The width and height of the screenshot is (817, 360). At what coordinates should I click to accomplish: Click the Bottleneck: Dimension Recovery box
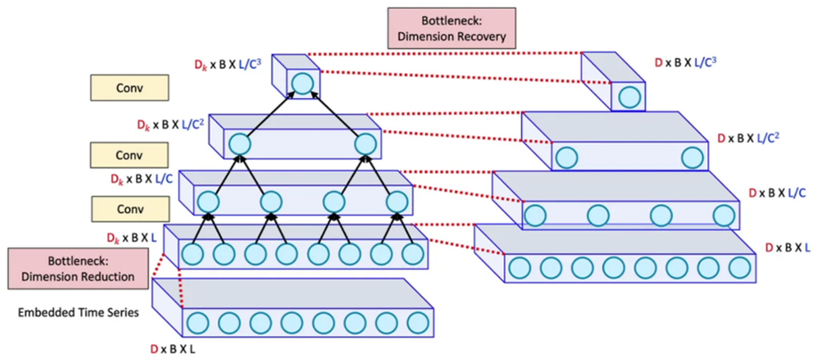452,28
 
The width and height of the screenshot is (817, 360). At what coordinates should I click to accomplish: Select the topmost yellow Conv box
129,88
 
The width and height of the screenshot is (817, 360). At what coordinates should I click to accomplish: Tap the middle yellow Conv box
129,155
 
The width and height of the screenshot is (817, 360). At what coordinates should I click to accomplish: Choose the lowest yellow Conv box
129,210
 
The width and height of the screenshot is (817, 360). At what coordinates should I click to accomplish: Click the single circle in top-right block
630,96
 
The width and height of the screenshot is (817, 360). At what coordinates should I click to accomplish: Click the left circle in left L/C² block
239,143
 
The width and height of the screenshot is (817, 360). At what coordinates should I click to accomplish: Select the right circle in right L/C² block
692,159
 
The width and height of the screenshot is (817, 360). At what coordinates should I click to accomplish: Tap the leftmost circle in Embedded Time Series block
197,322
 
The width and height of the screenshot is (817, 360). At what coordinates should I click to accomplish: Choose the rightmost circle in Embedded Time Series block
415,322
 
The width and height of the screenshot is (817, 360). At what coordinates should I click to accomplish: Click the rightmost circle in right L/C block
723,216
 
